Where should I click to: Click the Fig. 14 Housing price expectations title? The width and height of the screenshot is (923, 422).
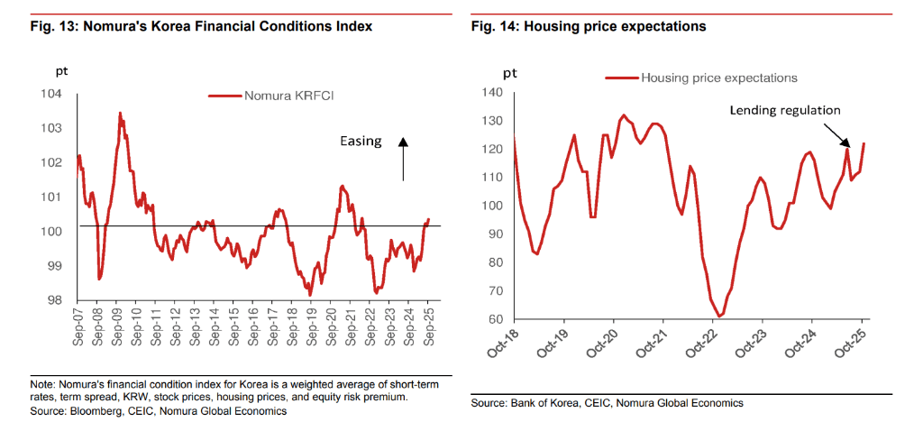coord(588,27)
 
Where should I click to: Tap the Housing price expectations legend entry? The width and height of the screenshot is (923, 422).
coord(718,78)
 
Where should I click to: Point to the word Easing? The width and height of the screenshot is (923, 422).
coord(361,142)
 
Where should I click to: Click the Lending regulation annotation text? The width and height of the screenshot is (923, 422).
coord(784,110)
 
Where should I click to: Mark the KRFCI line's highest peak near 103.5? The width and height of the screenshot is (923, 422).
coord(120,113)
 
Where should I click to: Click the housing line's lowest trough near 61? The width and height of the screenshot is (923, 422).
coord(720,316)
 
